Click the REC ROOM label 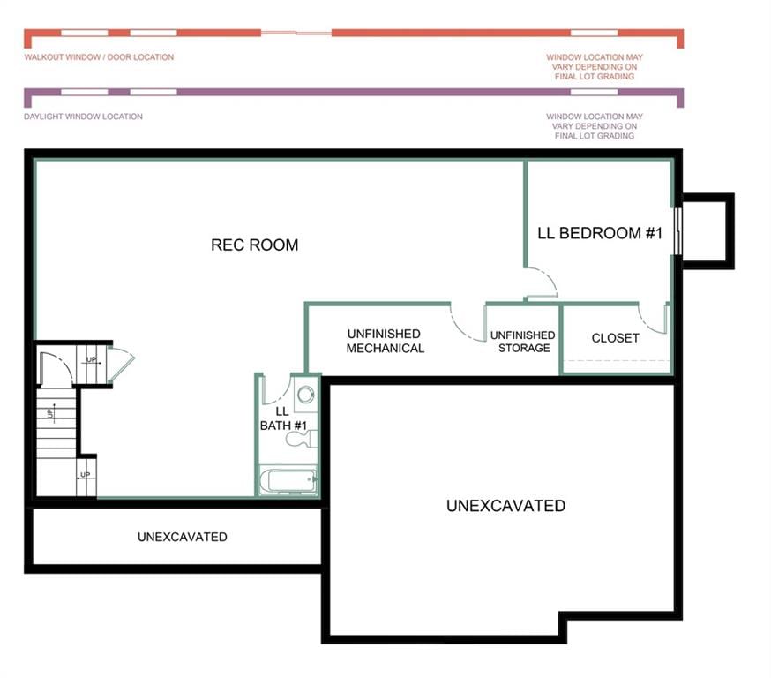pyautogui.click(x=254, y=245)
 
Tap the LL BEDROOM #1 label pyautogui.click(x=599, y=233)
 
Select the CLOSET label pyautogui.click(x=615, y=338)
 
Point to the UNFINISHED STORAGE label pyautogui.click(x=523, y=342)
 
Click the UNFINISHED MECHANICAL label pyautogui.click(x=385, y=341)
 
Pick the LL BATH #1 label pyautogui.click(x=283, y=418)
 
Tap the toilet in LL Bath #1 pyautogui.click(x=302, y=439)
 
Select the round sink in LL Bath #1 pyautogui.click(x=306, y=394)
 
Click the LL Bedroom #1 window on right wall pyautogui.click(x=677, y=231)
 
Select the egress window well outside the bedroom pyautogui.click(x=708, y=231)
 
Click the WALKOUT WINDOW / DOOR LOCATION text pyautogui.click(x=99, y=57)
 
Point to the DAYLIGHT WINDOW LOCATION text pyautogui.click(x=83, y=117)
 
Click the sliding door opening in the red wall pyautogui.click(x=296, y=33)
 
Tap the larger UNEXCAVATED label pyautogui.click(x=505, y=506)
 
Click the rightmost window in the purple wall pyautogui.click(x=594, y=92)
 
